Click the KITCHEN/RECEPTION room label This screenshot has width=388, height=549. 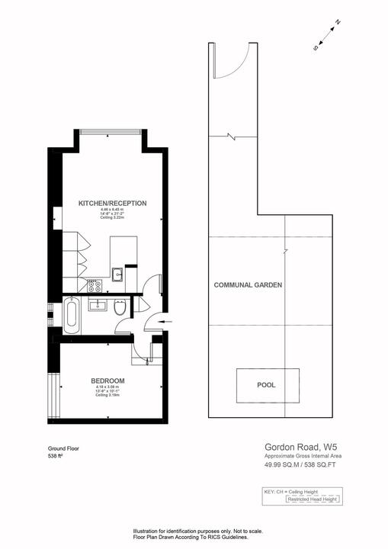[x=112, y=203]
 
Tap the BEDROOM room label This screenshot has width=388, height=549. [x=107, y=380]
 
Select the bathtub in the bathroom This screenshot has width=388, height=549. [x=71, y=315]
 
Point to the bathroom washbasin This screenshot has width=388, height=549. [x=98, y=306]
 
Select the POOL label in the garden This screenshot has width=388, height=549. [x=266, y=385]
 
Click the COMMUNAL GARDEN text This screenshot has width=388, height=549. [x=248, y=284]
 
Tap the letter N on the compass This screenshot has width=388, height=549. [x=338, y=23]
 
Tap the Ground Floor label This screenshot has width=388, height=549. [x=63, y=449]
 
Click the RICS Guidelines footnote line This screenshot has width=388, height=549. [x=191, y=537]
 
